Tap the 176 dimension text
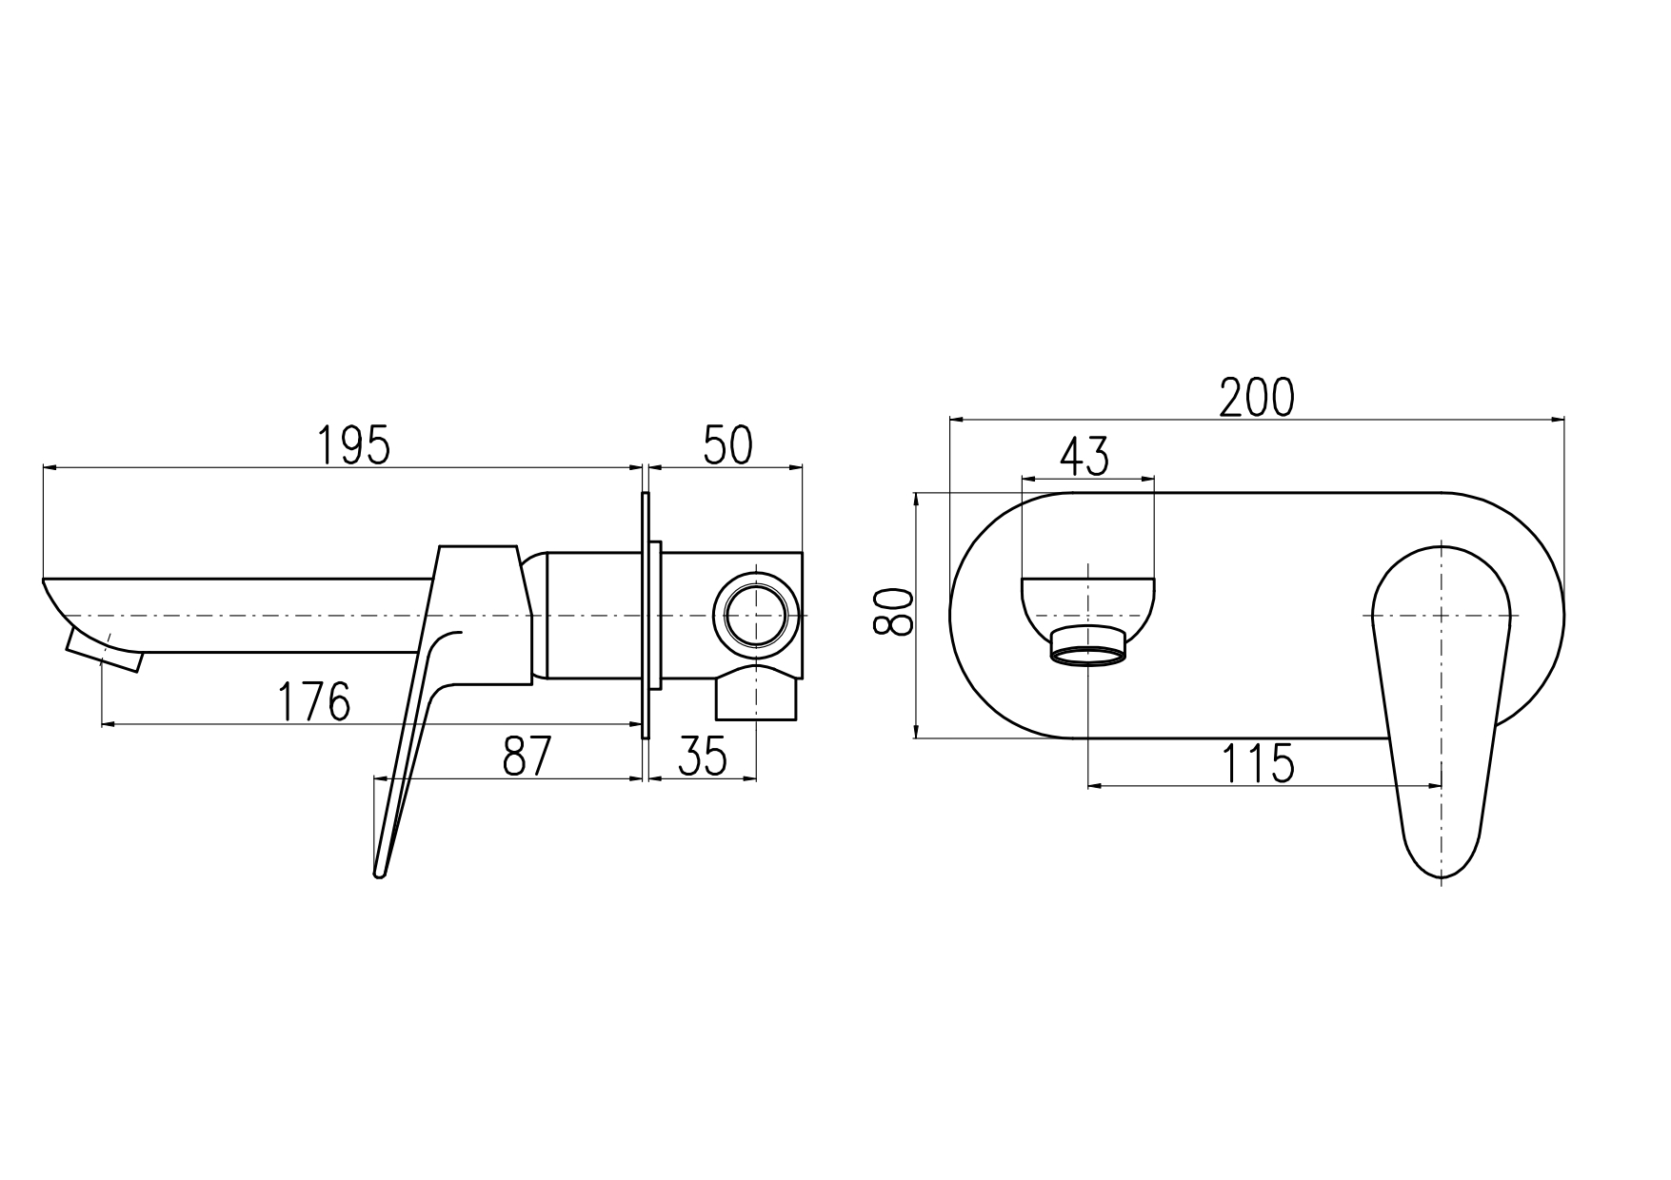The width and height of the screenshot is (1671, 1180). (314, 702)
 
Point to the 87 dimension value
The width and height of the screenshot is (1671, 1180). (527, 757)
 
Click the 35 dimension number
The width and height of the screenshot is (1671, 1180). (703, 757)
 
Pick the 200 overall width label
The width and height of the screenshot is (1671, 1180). (1258, 397)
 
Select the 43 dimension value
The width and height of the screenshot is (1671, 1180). (1085, 458)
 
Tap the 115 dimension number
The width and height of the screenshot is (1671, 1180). (1259, 763)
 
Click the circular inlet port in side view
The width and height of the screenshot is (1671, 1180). (758, 615)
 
